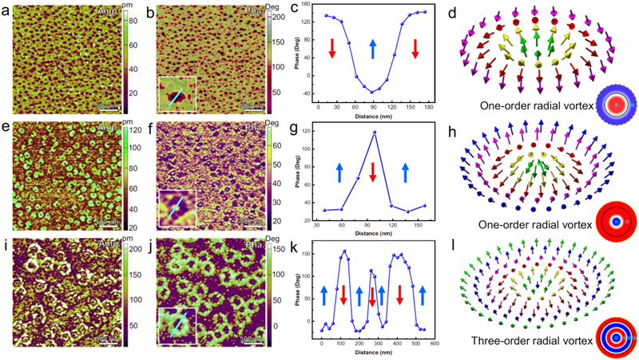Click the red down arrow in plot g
coord(373,166)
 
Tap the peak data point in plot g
coord(374,132)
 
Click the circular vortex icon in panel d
coord(614,105)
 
